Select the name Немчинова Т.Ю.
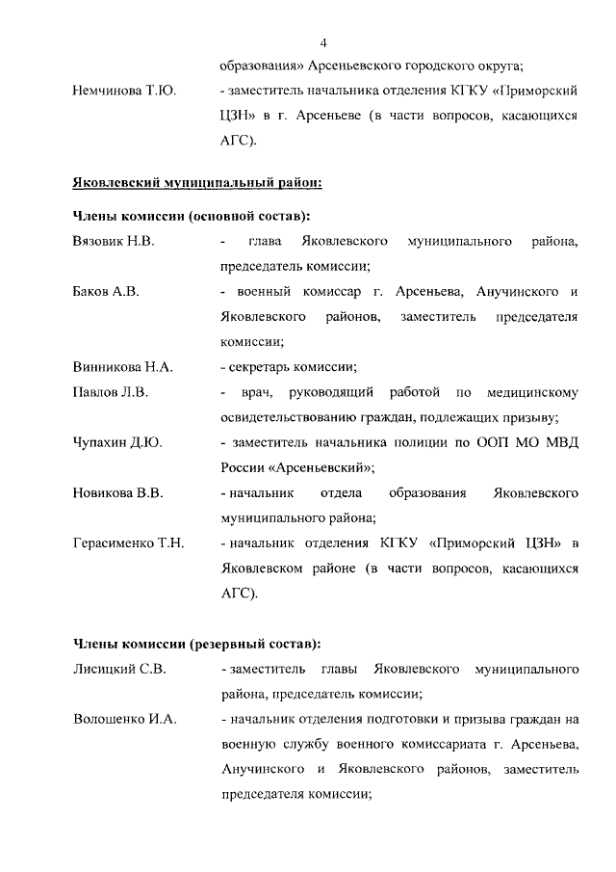(x=121, y=92)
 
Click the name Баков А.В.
(x=106, y=291)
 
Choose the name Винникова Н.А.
(x=122, y=366)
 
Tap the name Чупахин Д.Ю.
(x=117, y=442)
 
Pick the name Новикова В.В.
(x=118, y=493)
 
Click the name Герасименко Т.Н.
(x=128, y=543)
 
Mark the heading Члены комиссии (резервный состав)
(x=196, y=643)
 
